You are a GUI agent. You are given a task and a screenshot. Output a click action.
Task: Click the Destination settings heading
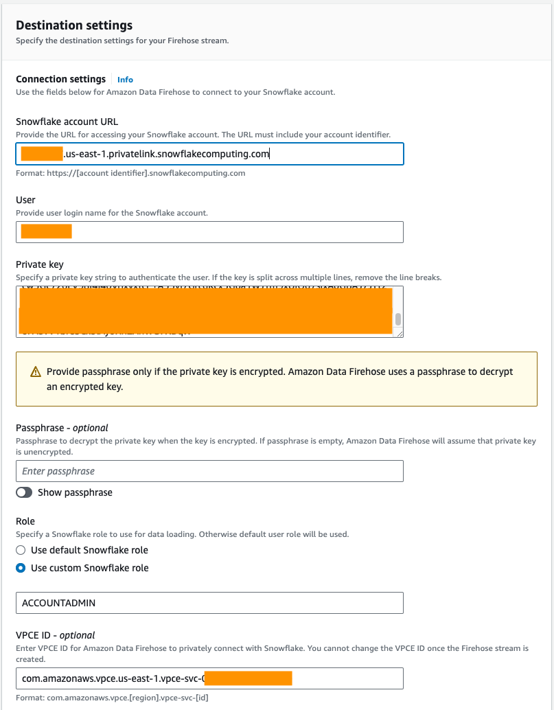[74, 25]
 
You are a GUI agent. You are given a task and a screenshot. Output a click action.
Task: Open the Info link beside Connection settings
[125, 80]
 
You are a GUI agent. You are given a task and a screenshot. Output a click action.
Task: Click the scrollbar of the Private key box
[397, 319]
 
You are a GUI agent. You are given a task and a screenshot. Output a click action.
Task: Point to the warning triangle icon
[36, 371]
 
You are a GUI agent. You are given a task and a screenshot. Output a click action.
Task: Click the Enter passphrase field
[209, 471]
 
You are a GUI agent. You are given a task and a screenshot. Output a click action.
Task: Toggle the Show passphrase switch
[24, 492]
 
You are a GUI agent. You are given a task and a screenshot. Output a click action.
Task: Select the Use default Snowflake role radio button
[21, 550]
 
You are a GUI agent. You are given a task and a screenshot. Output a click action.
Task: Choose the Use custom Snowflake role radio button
[21, 568]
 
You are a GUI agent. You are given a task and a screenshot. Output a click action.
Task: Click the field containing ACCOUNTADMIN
[209, 603]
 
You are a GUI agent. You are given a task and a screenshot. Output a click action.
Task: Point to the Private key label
[39, 264]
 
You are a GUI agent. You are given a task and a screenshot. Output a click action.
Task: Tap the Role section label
[25, 521]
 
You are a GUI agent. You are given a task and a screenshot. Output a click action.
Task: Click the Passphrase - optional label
[62, 428]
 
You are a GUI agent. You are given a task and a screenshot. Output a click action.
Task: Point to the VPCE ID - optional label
[55, 635]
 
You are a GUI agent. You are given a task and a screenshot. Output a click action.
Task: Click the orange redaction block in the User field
[47, 231]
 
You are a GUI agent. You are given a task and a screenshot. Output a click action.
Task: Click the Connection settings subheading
[60, 79]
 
